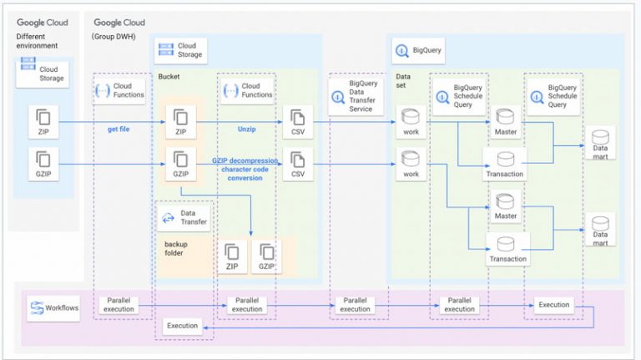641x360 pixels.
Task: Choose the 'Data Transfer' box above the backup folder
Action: (x=184, y=218)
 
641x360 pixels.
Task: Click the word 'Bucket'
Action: (x=170, y=76)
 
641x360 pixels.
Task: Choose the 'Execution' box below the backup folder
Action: (x=183, y=325)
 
